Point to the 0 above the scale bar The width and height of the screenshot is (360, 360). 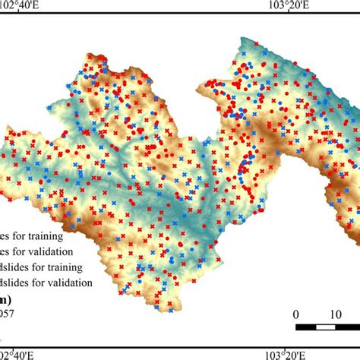pyautogui.click(x=296, y=314)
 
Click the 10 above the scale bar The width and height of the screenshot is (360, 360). pyautogui.click(x=335, y=314)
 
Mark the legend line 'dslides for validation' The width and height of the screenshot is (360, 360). pyautogui.click(x=46, y=283)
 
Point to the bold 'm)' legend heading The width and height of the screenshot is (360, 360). pyautogui.click(x=7, y=298)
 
